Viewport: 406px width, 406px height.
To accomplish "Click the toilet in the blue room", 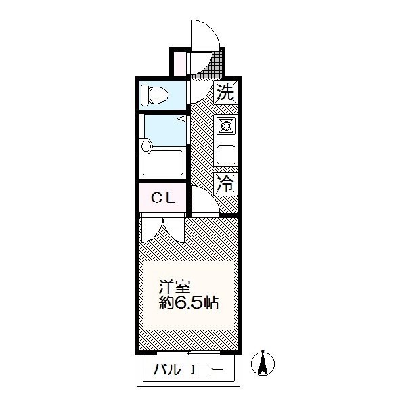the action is coord(154,95).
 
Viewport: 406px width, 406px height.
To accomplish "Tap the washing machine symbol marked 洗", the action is coord(225,93).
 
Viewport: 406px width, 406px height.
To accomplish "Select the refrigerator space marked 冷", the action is coord(225,184).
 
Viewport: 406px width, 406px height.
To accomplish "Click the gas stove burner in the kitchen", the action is coord(226,126).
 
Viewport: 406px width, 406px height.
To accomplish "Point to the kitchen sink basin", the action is coord(226,155).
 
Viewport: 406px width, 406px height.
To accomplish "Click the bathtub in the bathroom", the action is coord(163,163).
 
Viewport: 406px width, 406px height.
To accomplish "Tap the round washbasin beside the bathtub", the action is coord(145,145).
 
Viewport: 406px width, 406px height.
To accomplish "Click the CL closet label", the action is coord(163,198).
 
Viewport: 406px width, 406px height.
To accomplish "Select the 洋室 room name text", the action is coord(175,287).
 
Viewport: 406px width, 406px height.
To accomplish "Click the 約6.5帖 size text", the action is coord(189,302).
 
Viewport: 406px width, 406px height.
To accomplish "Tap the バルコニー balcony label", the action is coord(188,369).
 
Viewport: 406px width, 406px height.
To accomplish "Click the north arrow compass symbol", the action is coord(263,363).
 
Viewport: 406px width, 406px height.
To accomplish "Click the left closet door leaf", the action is coord(152,229).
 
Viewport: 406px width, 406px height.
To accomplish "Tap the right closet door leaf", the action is coord(174,230).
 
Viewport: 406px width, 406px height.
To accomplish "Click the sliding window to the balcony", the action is coord(189,352).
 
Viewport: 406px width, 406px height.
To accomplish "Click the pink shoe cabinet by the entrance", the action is coord(179,64).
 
